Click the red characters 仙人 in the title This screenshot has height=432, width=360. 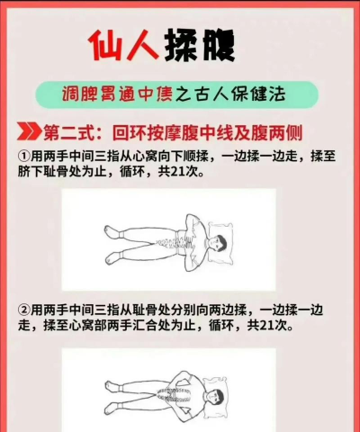pos(123,45)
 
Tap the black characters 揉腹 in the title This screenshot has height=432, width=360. pos(200,45)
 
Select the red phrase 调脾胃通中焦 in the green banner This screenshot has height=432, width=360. pos(117,94)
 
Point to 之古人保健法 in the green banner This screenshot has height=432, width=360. pos(229,94)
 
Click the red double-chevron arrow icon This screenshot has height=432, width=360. pos(29,131)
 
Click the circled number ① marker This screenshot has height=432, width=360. pos(23,156)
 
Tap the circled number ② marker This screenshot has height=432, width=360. pos(23,310)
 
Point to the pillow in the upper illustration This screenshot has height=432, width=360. pos(220,244)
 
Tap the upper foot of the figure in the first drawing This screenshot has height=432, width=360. pos(112,232)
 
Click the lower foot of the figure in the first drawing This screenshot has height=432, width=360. pos(112,258)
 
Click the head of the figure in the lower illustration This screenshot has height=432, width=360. pos(215,398)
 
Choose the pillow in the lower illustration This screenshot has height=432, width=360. pos(217,398)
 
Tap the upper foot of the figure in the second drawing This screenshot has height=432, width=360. pos(112,386)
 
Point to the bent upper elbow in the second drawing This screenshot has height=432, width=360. pos(177,375)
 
